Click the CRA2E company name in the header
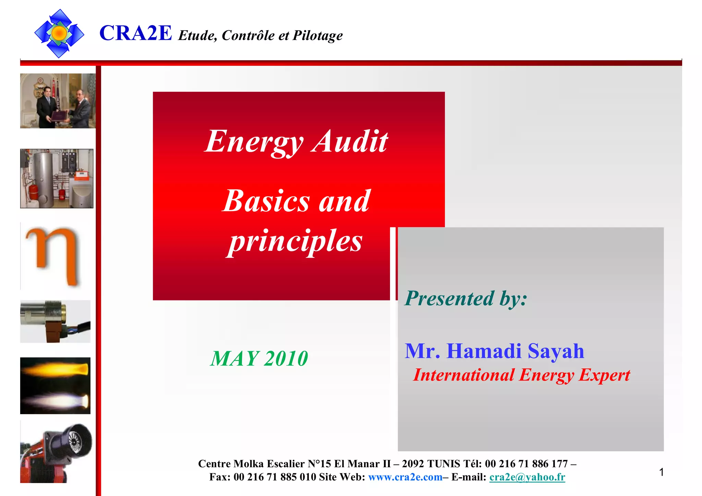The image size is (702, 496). pyautogui.click(x=135, y=33)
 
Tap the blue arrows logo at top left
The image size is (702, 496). pyautogui.click(x=59, y=33)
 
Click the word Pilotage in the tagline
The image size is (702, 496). pyautogui.click(x=317, y=36)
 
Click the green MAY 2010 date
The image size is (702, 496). pyautogui.click(x=259, y=359)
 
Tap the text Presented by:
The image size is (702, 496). pyautogui.click(x=466, y=298)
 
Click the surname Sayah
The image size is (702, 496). pyautogui.click(x=556, y=351)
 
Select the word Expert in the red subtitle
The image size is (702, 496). pyautogui.click(x=604, y=375)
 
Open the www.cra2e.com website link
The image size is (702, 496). pyautogui.click(x=405, y=477)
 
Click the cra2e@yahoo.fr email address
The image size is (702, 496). pyautogui.click(x=527, y=477)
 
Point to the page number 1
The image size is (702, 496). pyautogui.click(x=661, y=472)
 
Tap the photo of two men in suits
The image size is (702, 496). pyautogui.click(x=58, y=101)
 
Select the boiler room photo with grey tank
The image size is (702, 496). pyautogui.click(x=57, y=178)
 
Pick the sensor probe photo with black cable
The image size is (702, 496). pyautogui.click(x=55, y=321)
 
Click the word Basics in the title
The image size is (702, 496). pyautogui.click(x=266, y=201)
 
